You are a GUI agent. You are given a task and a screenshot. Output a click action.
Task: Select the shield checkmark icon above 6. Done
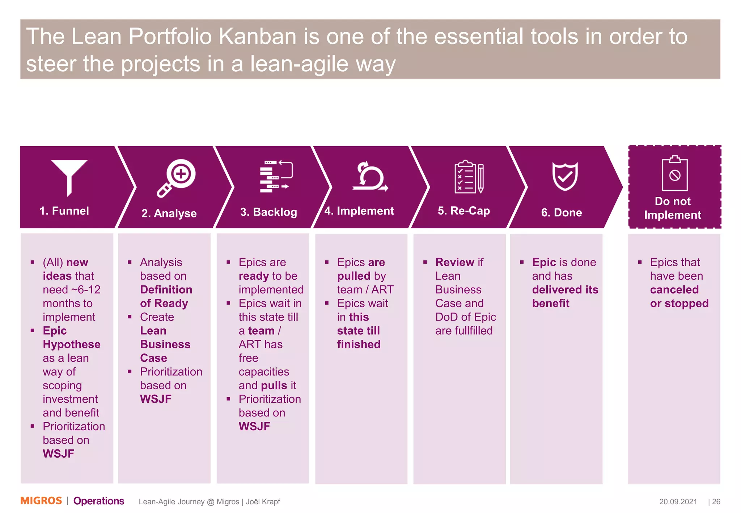(564, 176)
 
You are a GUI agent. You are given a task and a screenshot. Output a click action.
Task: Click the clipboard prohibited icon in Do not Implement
(674, 174)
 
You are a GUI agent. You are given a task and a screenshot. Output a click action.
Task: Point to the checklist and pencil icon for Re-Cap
(469, 177)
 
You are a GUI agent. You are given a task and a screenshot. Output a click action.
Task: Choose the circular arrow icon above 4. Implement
(370, 177)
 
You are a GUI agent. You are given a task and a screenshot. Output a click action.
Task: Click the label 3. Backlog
(268, 212)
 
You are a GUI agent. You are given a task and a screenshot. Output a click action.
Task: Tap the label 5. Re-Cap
(463, 211)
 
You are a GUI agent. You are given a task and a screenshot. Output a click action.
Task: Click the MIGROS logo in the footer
(41, 501)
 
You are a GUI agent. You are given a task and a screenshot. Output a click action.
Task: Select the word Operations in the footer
(98, 501)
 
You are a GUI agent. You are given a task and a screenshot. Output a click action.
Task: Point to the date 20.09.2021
(678, 501)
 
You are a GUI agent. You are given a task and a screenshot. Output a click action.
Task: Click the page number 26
(716, 501)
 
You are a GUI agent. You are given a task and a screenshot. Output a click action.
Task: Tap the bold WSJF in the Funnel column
(58, 453)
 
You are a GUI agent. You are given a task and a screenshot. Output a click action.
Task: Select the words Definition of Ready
(166, 296)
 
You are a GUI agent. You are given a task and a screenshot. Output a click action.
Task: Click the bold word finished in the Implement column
(359, 344)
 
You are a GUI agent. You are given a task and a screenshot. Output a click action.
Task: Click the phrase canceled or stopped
(679, 296)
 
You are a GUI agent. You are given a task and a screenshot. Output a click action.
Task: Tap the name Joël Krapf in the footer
(263, 502)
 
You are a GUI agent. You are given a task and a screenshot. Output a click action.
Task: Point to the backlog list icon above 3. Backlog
(276, 177)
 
